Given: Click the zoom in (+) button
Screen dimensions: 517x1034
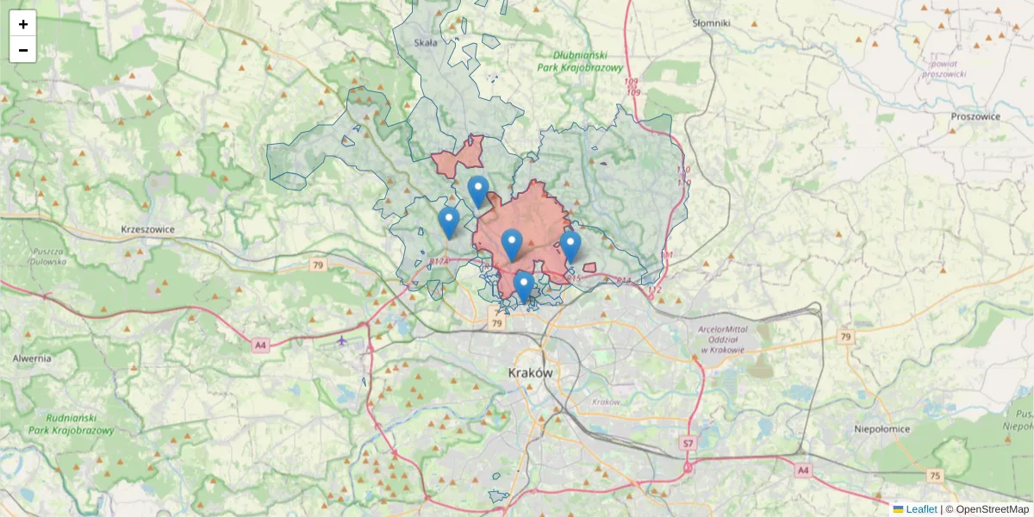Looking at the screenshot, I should [23, 24].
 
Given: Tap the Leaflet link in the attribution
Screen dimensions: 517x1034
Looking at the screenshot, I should [921, 509].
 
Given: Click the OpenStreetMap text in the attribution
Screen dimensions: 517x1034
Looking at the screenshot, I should [992, 509].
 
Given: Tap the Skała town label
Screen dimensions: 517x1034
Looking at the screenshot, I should [426, 41].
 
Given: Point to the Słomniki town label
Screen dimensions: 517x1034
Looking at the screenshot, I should [712, 23].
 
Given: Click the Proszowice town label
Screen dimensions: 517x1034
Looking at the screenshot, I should [975, 116].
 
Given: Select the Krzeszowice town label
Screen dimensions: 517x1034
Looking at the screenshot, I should [148, 230].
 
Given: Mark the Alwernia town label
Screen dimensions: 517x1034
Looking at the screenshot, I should [32, 358].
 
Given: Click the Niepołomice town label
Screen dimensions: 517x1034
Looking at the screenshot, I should [882, 428].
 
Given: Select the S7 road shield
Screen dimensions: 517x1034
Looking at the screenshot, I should [688, 443].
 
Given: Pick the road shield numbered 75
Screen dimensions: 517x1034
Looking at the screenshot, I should [935, 476].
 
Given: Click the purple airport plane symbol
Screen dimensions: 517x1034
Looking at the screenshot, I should [342, 340].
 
